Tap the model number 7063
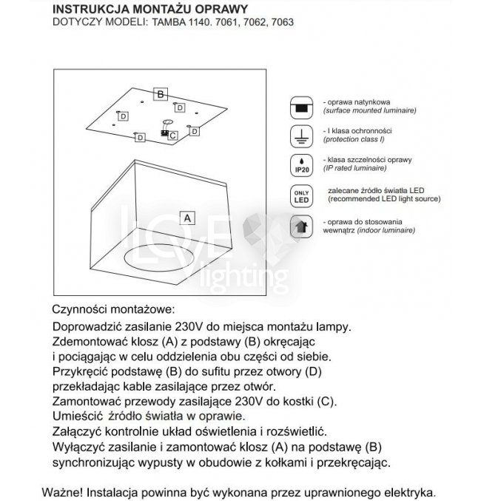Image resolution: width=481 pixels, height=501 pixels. pyautogui.click(x=281, y=22)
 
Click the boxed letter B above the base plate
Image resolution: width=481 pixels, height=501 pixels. pyautogui.click(x=160, y=94)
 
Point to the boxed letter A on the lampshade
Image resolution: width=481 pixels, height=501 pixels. pyautogui.click(x=188, y=218)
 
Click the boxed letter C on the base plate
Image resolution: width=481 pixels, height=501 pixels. pyautogui.click(x=172, y=135)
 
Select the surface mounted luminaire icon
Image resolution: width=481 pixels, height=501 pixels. pyautogui.click(x=300, y=107)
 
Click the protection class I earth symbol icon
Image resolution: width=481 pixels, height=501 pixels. pyautogui.click(x=300, y=136)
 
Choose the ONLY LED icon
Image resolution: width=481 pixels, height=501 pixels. pyautogui.click(x=300, y=195)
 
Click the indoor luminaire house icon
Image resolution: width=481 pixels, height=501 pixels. pyautogui.click(x=300, y=226)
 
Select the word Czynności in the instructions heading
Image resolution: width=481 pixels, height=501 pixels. pyautogui.click(x=81, y=309)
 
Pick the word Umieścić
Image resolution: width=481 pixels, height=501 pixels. pyautogui.click(x=77, y=417)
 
